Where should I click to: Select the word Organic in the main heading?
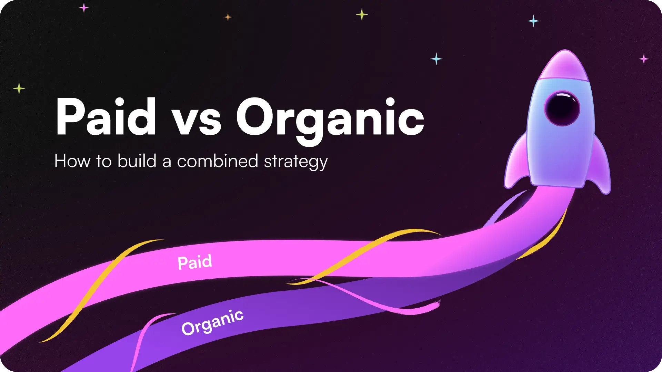[x=330, y=119]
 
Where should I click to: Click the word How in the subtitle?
[x=72, y=161]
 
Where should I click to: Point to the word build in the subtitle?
[x=137, y=161]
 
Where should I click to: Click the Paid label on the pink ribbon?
[x=195, y=262]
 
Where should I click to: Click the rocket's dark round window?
[x=562, y=108]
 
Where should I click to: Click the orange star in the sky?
[x=228, y=17]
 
